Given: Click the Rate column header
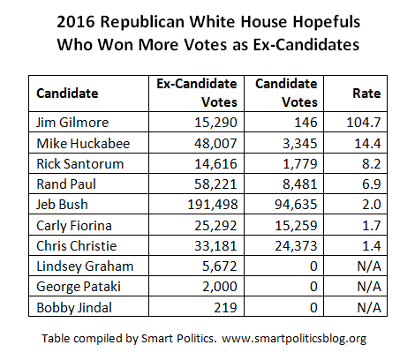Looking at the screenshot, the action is tap(366, 94).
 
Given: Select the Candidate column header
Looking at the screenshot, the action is tap(67, 94).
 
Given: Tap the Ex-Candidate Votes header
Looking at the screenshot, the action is tap(197, 93).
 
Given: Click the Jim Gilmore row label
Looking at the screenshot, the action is tap(72, 123).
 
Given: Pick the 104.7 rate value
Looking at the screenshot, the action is tap(364, 123).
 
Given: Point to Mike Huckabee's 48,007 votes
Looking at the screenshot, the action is tap(215, 144).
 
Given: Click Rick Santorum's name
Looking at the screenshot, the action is tap(80, 164).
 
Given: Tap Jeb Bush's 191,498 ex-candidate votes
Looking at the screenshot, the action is tap(213, 205).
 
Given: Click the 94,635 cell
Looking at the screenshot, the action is tap(296, 205).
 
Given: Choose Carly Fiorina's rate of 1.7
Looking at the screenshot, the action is tap(372, 226).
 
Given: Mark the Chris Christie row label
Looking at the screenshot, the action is tap(77, 246).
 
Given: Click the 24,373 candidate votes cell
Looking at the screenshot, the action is tap(296, 246).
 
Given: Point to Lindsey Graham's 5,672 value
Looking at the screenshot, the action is tap(220, 266).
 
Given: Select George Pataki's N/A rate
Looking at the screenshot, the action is tap(369, 287).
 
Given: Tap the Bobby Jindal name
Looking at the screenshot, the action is tap(74, 308).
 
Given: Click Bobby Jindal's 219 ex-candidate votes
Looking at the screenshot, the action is tap(225, 308).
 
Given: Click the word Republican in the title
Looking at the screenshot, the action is tap(142, 22).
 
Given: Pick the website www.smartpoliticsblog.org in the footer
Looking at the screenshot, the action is tap(294, 339).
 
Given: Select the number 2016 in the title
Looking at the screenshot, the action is tap(76, 22).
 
